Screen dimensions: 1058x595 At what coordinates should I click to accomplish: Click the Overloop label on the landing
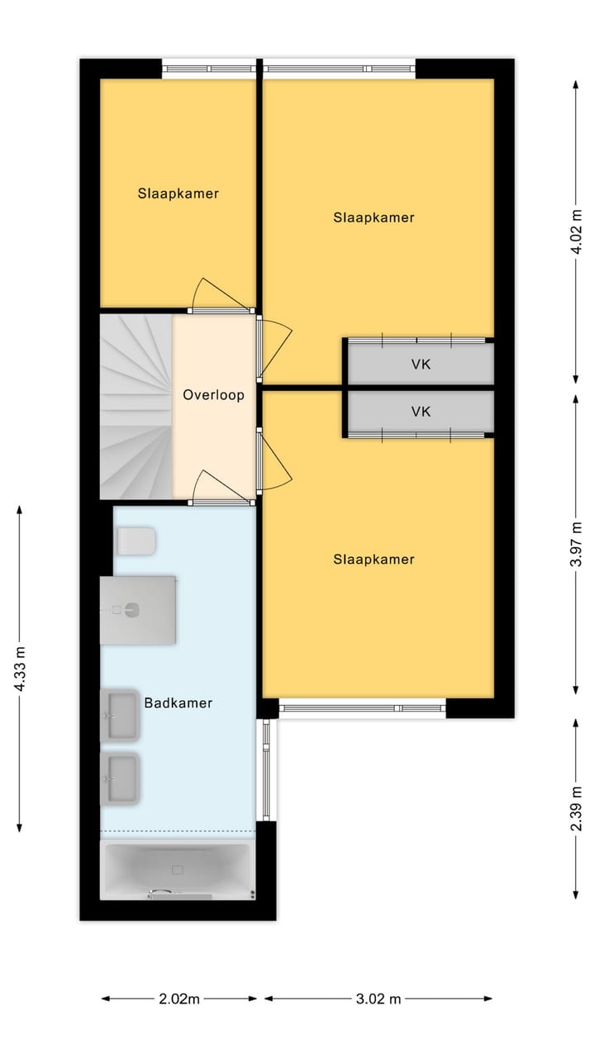(x=213, y=395)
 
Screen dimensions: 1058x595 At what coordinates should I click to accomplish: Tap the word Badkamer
(x=178, y=703)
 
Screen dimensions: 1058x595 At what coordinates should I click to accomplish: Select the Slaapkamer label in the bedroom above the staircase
(x=178, y=193)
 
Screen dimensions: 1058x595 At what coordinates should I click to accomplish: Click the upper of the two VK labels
(x=421, y=364)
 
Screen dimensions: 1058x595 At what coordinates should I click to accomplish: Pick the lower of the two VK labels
(x=421, y=412)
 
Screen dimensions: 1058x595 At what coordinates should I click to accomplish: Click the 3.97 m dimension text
(x=577, y=544)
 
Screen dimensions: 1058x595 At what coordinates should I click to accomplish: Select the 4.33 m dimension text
(x=21, y=670)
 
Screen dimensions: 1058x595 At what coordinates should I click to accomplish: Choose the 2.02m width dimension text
(x=179, y=998)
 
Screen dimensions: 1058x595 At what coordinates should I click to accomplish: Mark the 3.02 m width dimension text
(x=378, y=998)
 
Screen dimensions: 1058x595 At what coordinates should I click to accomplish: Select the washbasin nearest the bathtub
(x=121, y=778)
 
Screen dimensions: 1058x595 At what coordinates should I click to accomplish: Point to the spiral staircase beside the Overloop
(x=136, y=406)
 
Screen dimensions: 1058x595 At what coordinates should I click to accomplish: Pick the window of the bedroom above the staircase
(x=208, y=69)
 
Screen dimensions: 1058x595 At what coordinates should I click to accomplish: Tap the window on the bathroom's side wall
(x=265, y=770)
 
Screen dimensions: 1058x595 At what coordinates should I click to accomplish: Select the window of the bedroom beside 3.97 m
(x=362, y=708)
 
